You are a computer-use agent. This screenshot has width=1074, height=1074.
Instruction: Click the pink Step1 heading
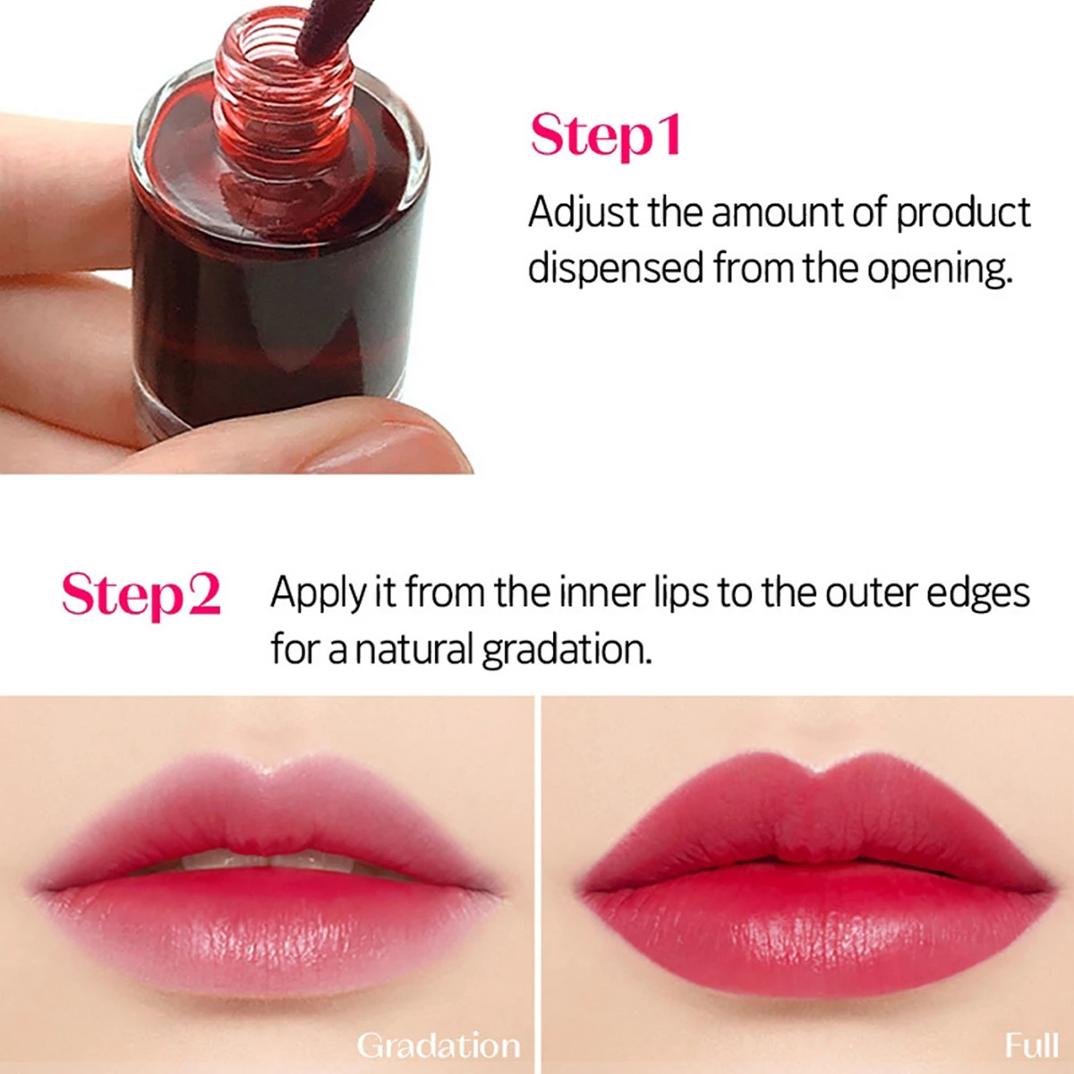606,136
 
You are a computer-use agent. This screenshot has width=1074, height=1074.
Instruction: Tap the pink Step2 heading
141,594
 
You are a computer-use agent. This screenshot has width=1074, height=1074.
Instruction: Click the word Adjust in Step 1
583,213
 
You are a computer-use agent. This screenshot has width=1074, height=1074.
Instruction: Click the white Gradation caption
438,1045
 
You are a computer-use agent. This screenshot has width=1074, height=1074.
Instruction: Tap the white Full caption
1031,1045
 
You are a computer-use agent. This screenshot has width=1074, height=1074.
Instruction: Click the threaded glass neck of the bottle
282,81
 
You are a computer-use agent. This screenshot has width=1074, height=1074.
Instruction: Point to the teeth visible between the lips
268,861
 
